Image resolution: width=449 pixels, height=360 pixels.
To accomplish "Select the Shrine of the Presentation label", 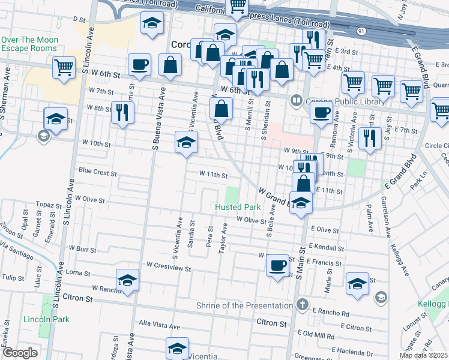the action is click(245, 305).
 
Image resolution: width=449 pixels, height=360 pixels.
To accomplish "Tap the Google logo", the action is click(20, 353).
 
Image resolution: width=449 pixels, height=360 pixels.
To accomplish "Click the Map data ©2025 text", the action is click(427, 356).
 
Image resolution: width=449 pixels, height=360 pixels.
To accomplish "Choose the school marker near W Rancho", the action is click(127, 280).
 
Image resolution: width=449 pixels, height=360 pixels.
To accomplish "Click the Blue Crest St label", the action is click(97, 172).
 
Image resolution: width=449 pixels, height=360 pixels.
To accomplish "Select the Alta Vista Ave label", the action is click(159, 326).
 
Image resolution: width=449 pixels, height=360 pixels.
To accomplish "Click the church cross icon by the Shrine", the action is click(303, 305).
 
